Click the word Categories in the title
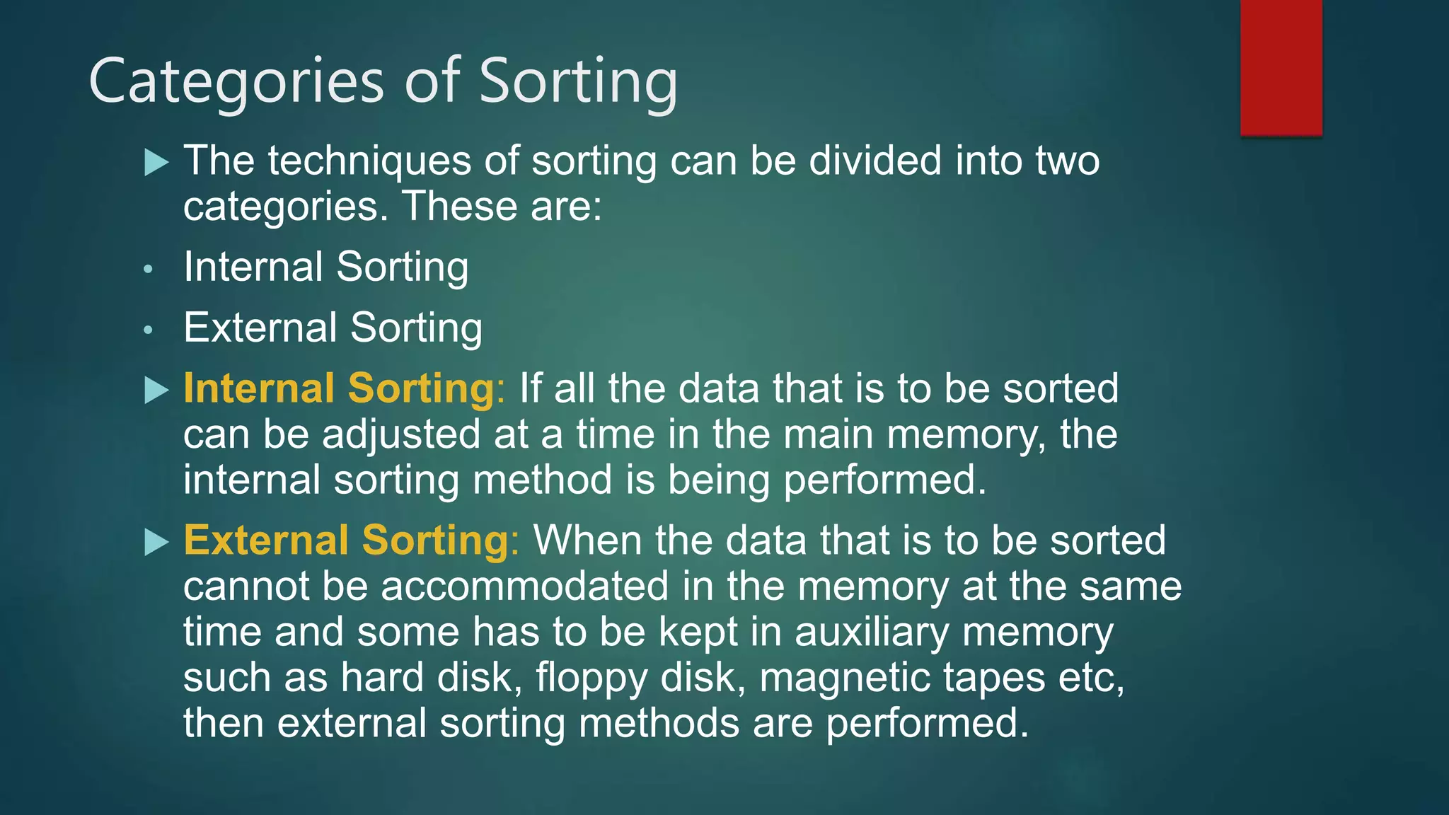236,82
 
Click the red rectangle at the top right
1281,67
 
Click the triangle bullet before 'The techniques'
156,163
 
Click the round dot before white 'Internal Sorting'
148,270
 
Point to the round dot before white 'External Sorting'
148,330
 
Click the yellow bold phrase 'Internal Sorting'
340,388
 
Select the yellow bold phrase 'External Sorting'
347,541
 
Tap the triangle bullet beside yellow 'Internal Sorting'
156,391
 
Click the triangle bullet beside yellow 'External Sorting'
156,543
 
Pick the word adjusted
401,434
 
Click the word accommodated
524,586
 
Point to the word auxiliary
872,632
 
